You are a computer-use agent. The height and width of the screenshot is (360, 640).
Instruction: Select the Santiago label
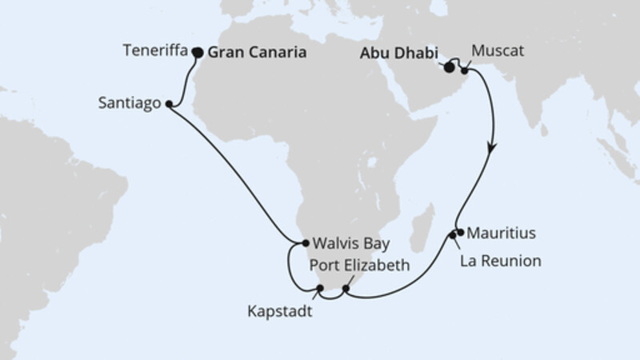[132, 103]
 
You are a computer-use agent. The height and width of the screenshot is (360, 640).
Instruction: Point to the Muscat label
[498, 52]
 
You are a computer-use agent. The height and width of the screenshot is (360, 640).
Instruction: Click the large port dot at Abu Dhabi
[447, 67]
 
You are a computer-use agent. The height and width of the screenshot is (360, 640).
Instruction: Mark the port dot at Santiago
[170, 103]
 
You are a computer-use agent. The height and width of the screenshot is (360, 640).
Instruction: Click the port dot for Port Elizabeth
[346, 289]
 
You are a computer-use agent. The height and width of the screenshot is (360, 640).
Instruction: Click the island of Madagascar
[421, 230]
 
